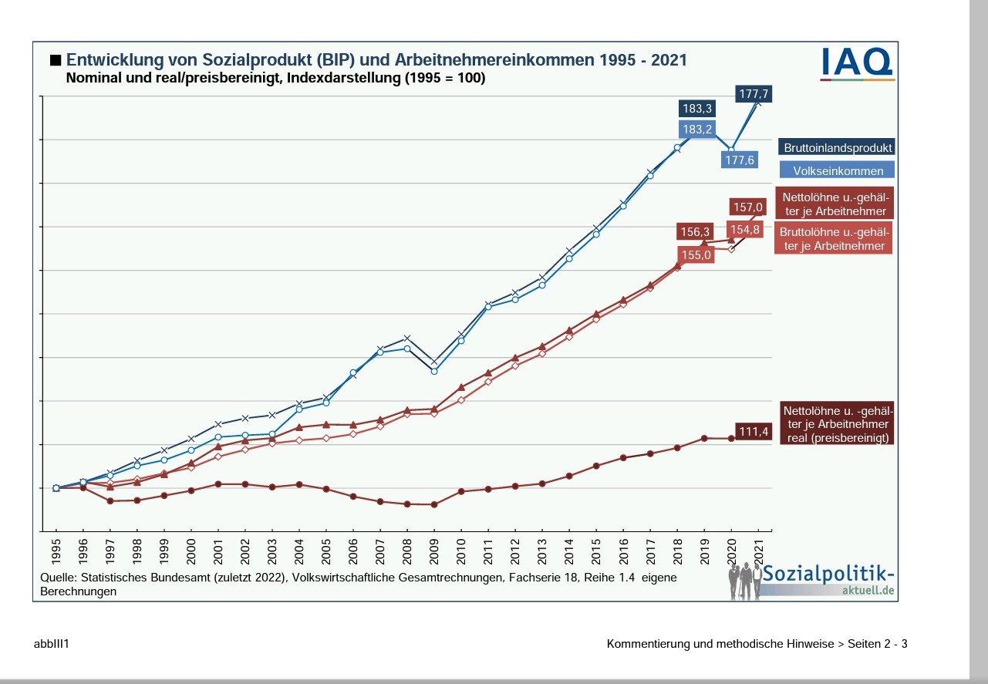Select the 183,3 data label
(x=696, y=109)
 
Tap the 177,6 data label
(x=739, y=160)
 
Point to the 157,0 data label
(x=747, y=207)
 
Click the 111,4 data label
(x=754, y=431)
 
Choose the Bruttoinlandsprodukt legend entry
(x=838, y=147)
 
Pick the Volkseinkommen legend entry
(x=838, y=171)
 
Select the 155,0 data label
(x=695, y=254)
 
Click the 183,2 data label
(x=696, y=129)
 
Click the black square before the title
(x=55, y=59)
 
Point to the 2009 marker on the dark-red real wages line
(x=433, y=504)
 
